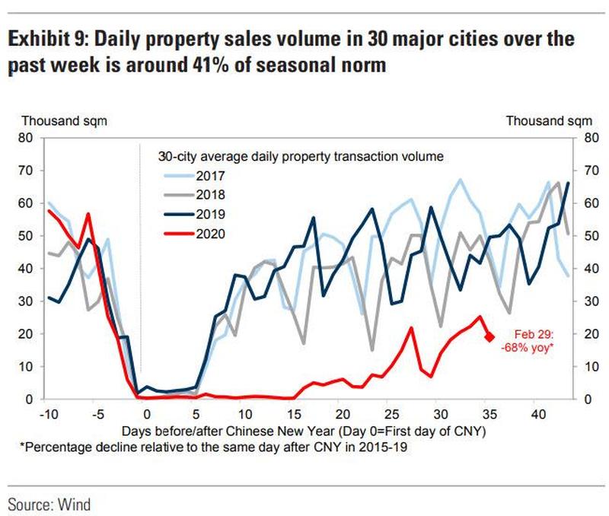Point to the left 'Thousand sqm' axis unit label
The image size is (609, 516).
coord(64,120)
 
